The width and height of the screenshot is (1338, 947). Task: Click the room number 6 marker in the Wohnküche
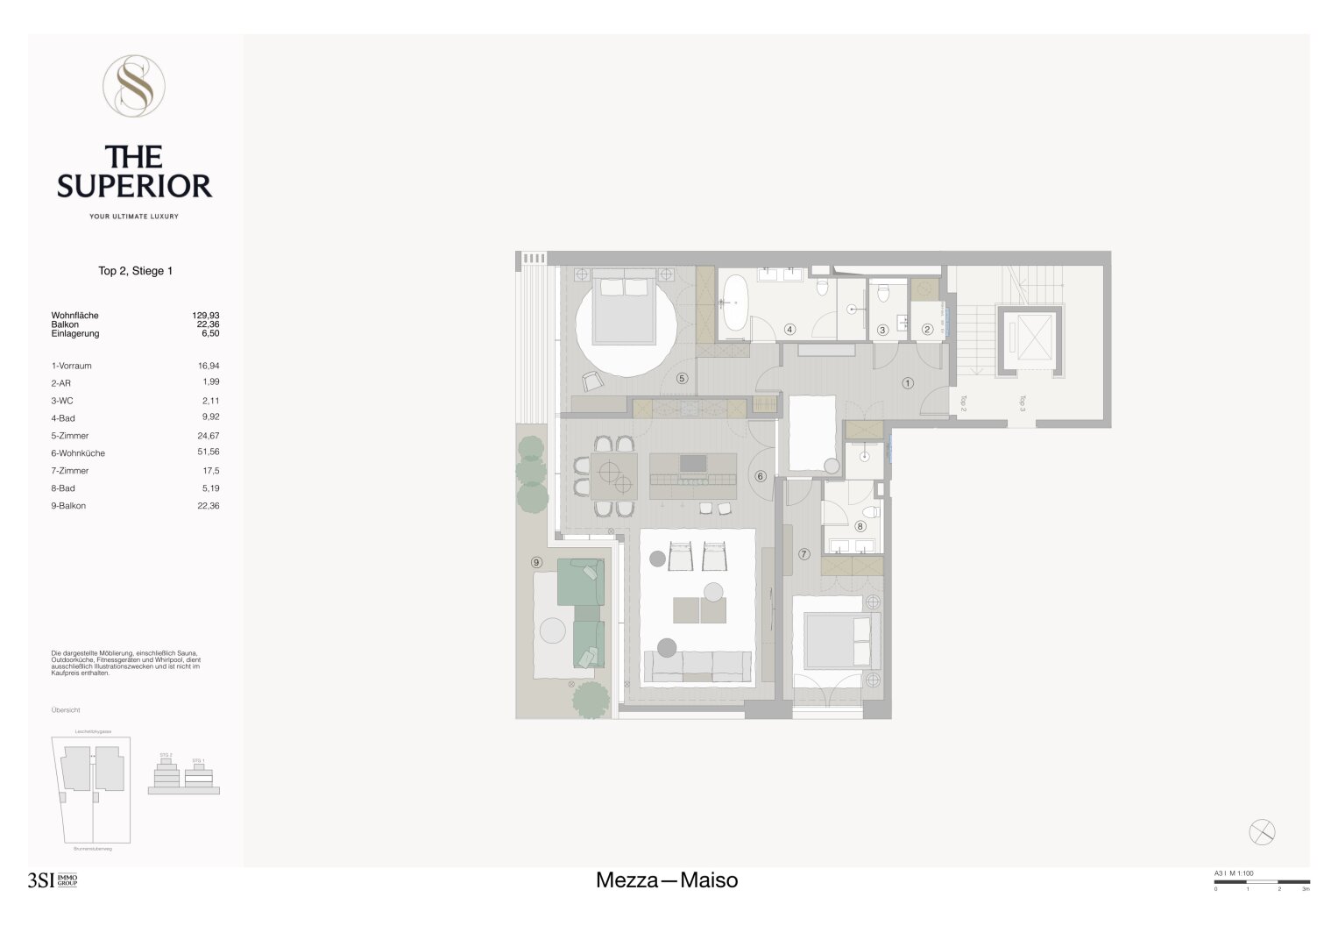click(x=761, y=476)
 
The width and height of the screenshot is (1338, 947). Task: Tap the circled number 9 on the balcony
click(x=536, y=562)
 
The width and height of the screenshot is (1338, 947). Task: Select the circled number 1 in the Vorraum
click(x=908, y=383)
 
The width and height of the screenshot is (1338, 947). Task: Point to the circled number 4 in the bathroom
click(x=789, y=330)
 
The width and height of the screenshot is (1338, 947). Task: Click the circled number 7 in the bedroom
click(x=804, y=553)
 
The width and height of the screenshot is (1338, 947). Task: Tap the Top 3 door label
click(x=1022, y=403)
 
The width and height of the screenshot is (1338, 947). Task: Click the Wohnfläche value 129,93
click(x=206, y=315)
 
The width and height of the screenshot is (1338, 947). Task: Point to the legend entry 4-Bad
click(x=63, y=418)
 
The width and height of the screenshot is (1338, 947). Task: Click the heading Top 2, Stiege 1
click(x=135, y=271)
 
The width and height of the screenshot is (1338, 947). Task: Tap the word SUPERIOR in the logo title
click(x=135, y=186)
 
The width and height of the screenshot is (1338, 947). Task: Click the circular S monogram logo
click(x=134, y=86)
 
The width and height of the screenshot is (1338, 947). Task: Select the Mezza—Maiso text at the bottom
click(x=667, y=880)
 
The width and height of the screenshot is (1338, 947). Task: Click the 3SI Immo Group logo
click(x=53, y=880)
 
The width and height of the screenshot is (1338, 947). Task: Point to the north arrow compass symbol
click(x=1262, y=832)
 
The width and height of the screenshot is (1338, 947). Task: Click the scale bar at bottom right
click(x=1262, y=881)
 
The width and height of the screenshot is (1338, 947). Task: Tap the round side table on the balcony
click(x=552, y=630)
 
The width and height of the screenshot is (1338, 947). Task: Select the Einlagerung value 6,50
click(x=209, y=333)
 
